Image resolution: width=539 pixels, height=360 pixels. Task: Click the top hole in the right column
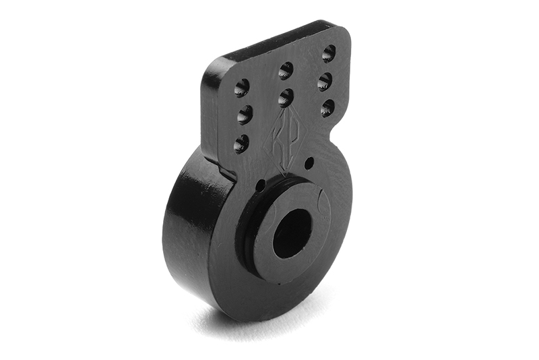329,53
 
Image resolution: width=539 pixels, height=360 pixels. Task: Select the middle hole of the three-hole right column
325,81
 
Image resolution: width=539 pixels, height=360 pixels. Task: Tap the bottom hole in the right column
327,107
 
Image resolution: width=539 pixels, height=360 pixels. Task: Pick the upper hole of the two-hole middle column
286,69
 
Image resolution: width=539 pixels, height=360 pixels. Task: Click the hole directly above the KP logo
286,97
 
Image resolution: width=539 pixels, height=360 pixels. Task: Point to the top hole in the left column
241,87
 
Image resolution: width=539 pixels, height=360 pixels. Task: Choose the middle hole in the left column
245,115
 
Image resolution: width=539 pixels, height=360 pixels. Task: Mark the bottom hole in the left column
241,143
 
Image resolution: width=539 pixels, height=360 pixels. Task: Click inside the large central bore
292,233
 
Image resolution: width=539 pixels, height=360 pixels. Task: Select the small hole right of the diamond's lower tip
309,163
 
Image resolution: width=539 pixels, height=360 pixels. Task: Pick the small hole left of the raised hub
261,185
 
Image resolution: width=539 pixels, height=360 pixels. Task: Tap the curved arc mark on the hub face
324,203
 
